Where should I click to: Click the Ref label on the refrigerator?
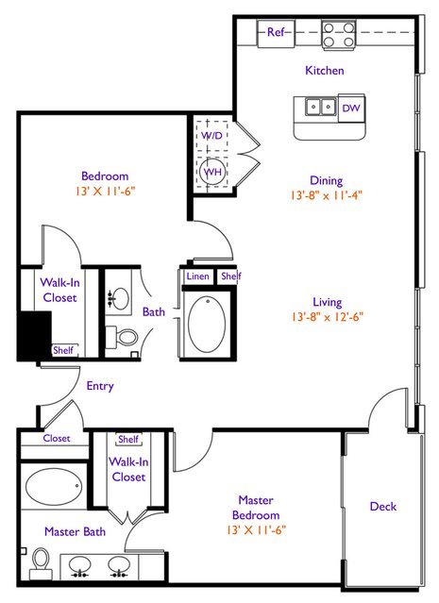click(x=276, y=32)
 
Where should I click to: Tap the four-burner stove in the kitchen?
click(x=339, y=35)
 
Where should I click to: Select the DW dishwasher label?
click(x=351, y=109)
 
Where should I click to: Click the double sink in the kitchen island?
click(x=320, y=106)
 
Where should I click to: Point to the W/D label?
click(x=211, y=135)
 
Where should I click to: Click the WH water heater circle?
click(x=212, y=172)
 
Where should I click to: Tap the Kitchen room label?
click(x=325, y=71)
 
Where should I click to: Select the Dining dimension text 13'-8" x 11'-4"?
click(x=327, y=195)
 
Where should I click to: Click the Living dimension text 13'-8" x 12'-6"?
click(x=328, y=317)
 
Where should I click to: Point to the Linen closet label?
click(x=197, y=276)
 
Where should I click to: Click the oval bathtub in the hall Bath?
click(x=207, y=324)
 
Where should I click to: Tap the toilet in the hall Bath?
click(x=122, y=337)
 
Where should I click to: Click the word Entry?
click(x=100, y=386)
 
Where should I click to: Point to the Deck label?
click(x=382, y=506)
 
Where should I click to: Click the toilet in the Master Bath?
click(x=41, y=563)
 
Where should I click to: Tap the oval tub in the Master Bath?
click(x=54, y=487)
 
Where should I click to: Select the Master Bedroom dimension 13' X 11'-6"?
click(x=256, y=530)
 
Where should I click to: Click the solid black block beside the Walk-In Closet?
click(x=35, y=335)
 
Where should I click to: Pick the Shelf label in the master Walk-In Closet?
click(x=128, y=439)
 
